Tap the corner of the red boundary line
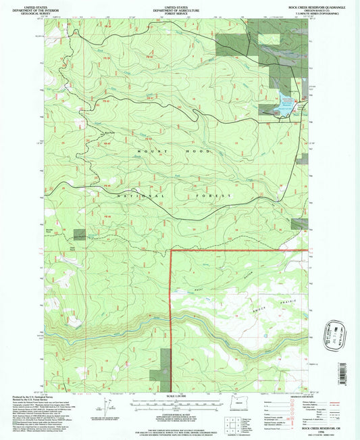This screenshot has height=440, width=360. coord(170,250)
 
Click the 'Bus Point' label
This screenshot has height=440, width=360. coord(106,132)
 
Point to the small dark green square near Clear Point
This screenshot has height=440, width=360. coord(80,234)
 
